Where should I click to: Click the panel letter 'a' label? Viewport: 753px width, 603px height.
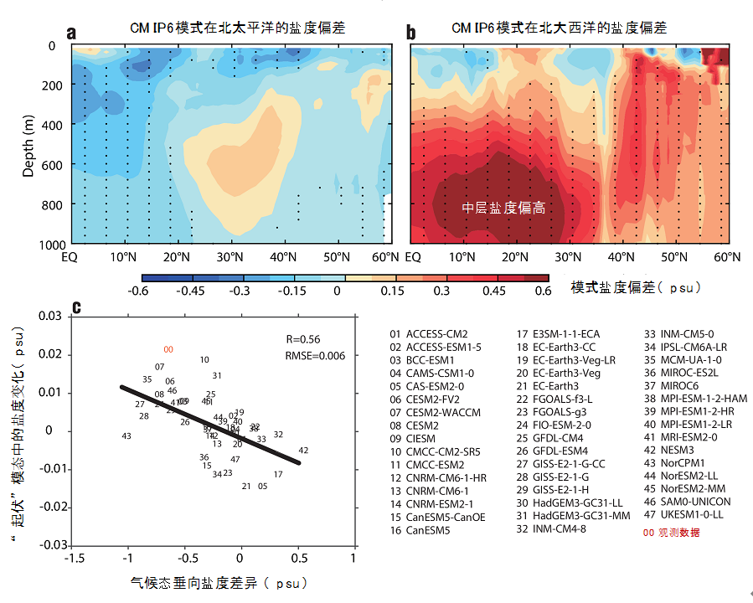click(x=71, y=33)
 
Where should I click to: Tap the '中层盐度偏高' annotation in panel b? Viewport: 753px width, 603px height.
click(x=504, y=208)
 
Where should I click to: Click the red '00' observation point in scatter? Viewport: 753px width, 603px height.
click(x=168, y=349)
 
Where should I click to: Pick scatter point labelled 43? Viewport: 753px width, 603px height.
click(x=126, y=436)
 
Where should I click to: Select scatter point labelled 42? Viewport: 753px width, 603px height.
click(x=303, y=451)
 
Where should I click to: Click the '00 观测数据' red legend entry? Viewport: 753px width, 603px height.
click(x=671, y=533)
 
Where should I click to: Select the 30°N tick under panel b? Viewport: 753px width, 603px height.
click(x=568, y=256)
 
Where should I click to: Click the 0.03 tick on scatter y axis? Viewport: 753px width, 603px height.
click(x=50, y=316)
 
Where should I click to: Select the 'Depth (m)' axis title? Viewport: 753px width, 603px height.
click(x=28, y=146)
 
